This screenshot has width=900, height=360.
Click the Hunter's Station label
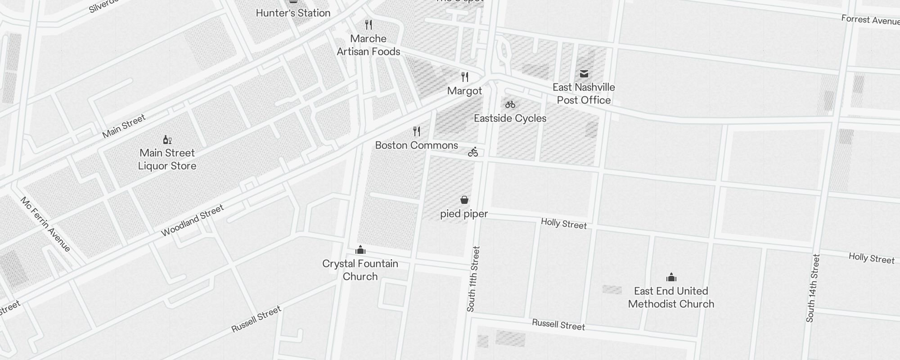click(x=293, y=13)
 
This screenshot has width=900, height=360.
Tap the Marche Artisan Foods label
click(x=369, y=45)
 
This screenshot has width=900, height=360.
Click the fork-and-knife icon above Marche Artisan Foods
click(x=369, y=24)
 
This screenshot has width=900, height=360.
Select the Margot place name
click(x=464, y=91)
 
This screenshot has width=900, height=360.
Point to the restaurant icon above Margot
click(x=465, y=77)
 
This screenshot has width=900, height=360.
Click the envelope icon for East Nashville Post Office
click(x=584, y=74)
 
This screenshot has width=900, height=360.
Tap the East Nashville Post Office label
click(x=584, y=94)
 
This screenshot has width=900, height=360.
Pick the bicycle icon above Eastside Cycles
click(x=510, y=105)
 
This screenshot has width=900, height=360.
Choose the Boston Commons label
click(x=416, y=145)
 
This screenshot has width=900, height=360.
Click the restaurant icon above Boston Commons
click(x=417, y=131)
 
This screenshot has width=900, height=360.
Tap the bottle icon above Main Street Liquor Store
click(x=167, y=139)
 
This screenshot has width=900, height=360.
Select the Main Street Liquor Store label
click(x=167, y=159)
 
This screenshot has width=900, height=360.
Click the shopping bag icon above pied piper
click(x=464, y=200)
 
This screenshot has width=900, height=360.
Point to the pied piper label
click(x=464, y=214)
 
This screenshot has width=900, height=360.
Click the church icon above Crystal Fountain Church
click(x=360, y=250)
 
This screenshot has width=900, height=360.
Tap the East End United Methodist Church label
click(x=671, y=297)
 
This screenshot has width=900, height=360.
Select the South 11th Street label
click(x=473, y=279)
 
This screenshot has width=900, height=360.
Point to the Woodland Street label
click(x=192, y=220)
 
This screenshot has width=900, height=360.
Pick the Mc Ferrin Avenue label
click(x=45, y=224)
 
